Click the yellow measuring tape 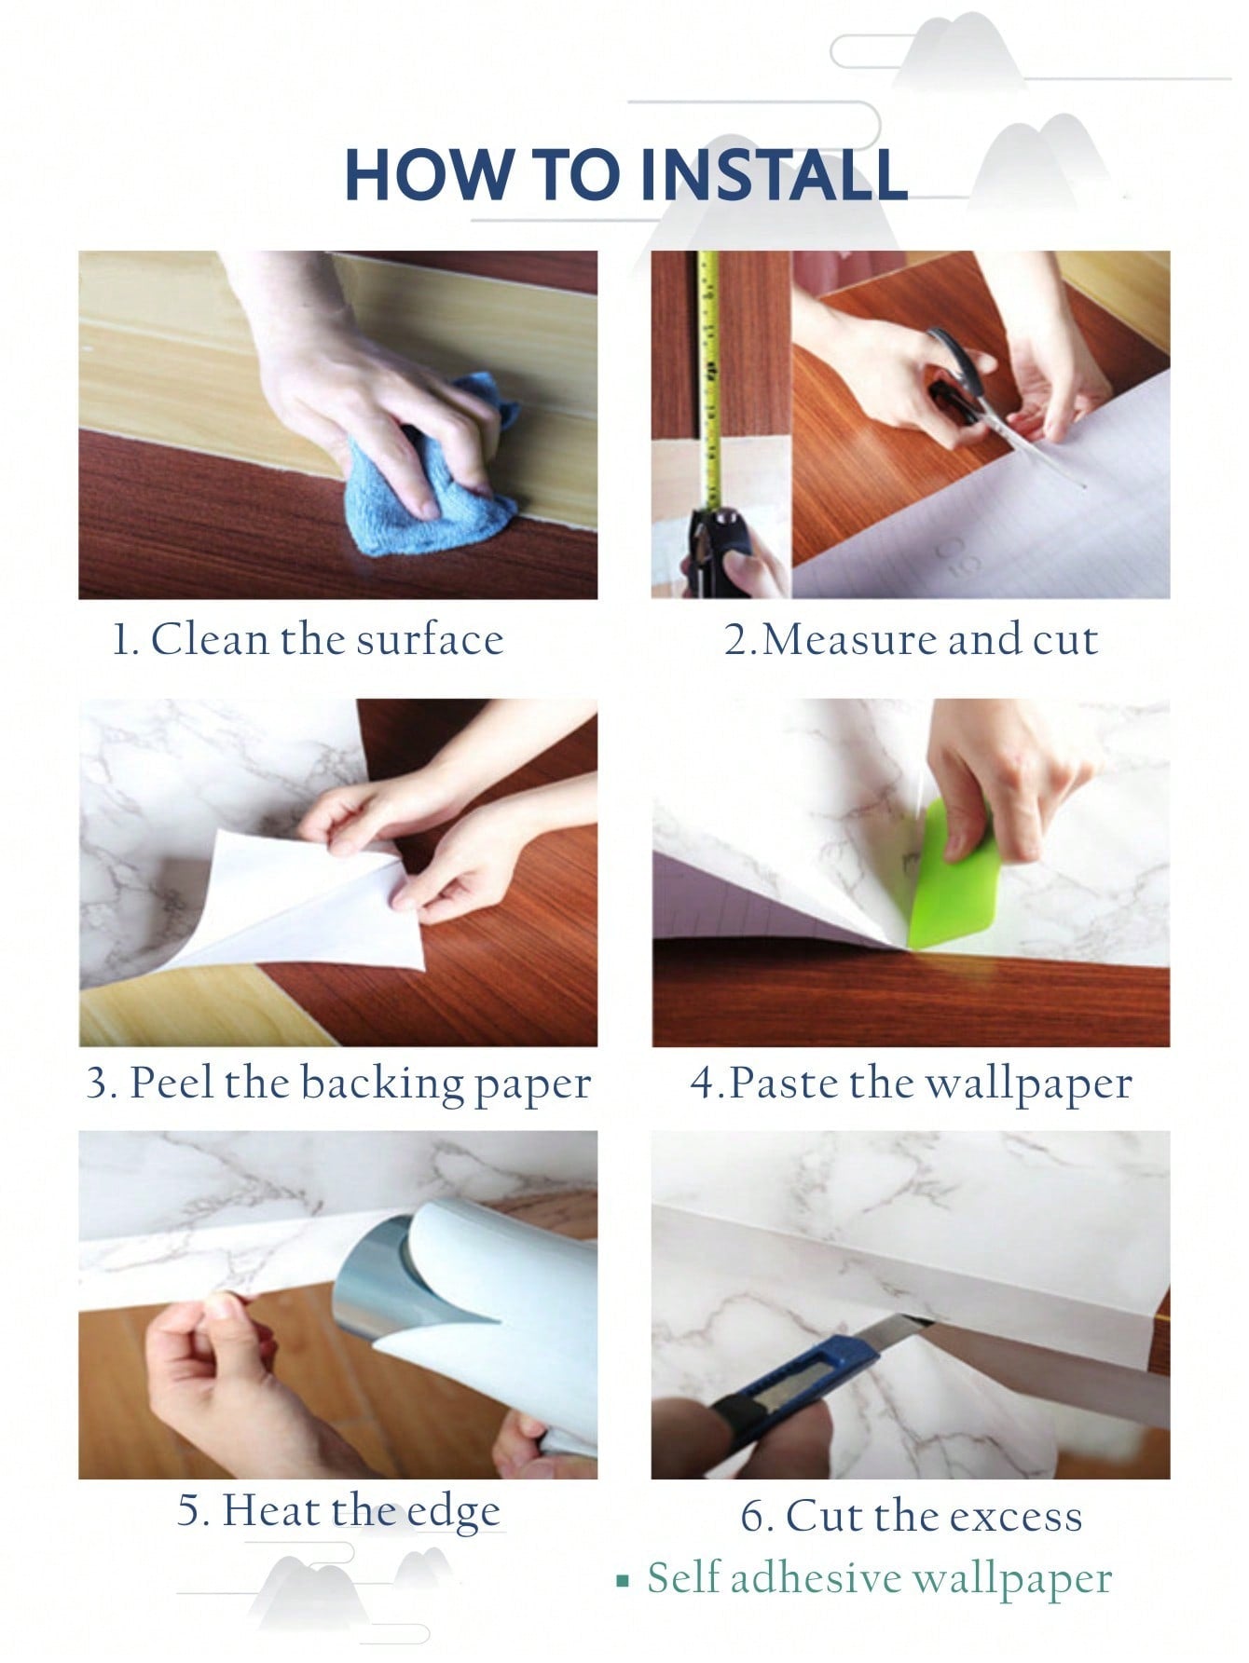(x=709, y=382)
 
